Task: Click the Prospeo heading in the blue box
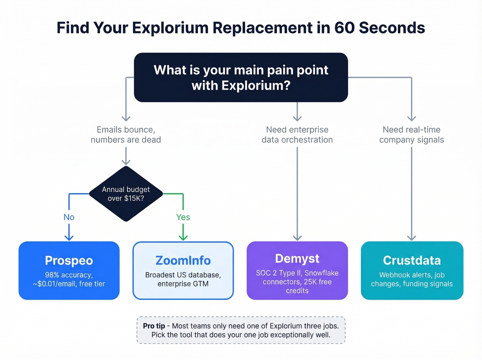[x=69, y=260]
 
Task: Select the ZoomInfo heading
[x=183, y=260]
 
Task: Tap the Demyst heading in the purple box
[x=297, y=258]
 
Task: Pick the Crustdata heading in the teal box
[x=412, y=260]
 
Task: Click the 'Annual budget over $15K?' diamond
[x=126, y=194]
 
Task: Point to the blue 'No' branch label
[x=69, y=217]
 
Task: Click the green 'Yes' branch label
[x=183, y=217]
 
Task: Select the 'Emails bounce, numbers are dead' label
[x=126, y=135]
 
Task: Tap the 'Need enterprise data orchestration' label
[x=297, y=135]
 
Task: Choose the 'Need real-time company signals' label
[x=411, y=135]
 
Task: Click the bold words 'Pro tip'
[x=154, y=326]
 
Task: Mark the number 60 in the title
[x=345, y=28]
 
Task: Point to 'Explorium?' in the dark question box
[x=256, y=85]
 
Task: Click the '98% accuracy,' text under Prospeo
[x=69, y=275]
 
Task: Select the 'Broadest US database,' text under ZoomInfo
[x=183, y=275]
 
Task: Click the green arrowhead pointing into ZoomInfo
[x=183, y=238]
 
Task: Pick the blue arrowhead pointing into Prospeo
[x=69, y=238]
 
